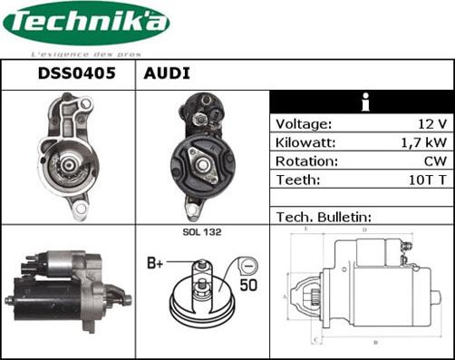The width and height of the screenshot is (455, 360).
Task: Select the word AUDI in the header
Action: [x=166, y=74]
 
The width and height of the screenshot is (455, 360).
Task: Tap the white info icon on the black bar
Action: [x=363, y=101]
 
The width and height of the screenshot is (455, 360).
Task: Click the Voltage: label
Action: [x=304, y=124]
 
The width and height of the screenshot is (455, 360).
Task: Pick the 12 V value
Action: [x=434, y=124]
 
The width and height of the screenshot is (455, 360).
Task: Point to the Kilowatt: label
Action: [x=306, y=143]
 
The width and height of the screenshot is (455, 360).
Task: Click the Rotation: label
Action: [x=306, y=161]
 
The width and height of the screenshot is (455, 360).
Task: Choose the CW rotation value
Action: [x=436, y=161]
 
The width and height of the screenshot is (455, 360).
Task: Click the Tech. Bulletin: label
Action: [x=324, y=218]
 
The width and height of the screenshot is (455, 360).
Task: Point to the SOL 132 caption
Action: [x=202, y=233]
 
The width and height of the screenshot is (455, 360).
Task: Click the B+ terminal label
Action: [x=155, y=264]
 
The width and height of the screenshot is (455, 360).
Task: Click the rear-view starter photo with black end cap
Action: [x=202, y=155]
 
